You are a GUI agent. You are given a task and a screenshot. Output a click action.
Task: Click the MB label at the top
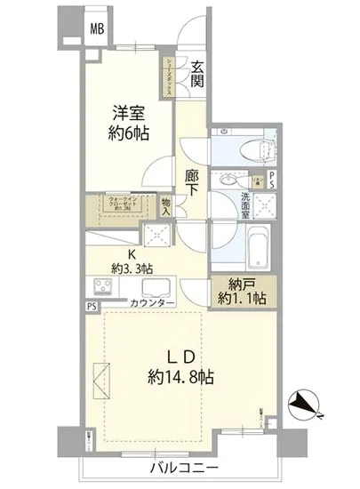[96, 28]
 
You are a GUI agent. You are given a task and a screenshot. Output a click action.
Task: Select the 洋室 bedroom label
[127, 115]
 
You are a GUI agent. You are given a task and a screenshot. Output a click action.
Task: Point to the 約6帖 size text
[127, 135]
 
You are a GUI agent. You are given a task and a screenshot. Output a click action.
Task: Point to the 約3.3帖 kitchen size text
[132, 267]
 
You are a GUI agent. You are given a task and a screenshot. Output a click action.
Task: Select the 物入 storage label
[167, 207]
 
